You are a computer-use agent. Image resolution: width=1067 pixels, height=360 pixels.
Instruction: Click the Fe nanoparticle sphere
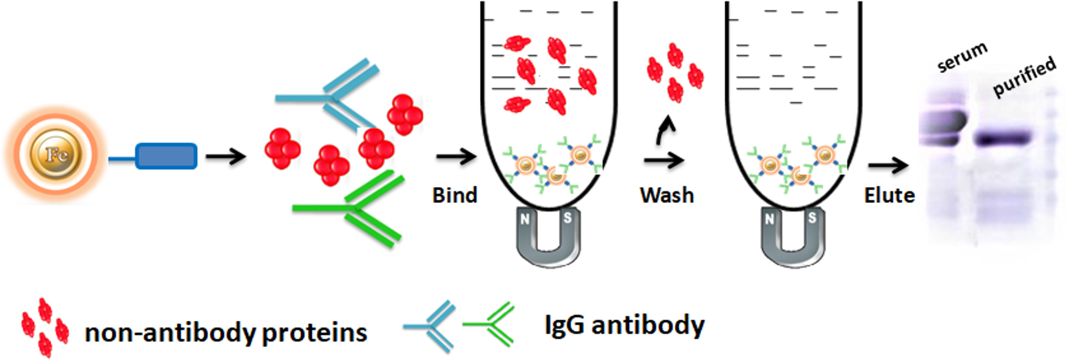pos(56,155)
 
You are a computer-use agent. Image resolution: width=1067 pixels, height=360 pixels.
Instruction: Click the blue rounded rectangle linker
pos(166,156)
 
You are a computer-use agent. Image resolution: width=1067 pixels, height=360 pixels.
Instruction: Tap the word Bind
pos(454,196)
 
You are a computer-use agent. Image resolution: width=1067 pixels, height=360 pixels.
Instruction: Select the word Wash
pos(666,196)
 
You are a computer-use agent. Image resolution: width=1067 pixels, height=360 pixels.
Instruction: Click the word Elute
pos(889,196)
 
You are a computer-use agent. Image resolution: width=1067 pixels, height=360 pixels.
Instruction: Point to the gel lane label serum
pos(962,56)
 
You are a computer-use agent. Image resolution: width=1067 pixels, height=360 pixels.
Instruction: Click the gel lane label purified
pos(1024,76)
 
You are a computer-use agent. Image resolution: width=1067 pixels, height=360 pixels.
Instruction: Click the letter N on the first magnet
pos(525,219)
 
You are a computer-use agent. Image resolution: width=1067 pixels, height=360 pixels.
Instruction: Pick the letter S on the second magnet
pos(812,218)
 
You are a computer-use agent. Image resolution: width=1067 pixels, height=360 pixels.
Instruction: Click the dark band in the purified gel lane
pos(1003,139)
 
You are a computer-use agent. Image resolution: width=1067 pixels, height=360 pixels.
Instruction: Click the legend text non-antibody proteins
pos(226,332)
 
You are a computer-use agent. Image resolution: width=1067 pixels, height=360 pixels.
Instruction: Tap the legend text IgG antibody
pos(624,325)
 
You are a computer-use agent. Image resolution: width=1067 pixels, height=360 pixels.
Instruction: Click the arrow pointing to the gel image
pos(887,164)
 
